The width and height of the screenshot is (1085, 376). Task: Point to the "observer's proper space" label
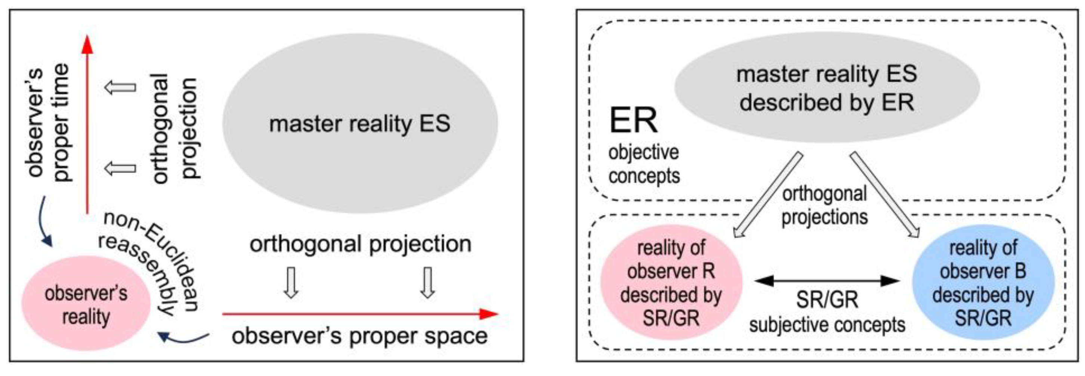[359, 336]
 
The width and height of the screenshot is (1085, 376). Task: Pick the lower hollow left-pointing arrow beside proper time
[120, 168]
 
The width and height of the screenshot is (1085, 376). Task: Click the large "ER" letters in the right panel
[633, 121]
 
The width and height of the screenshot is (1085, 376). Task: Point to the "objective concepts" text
[644, 164]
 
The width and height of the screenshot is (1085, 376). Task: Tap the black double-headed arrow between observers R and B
[827, 281]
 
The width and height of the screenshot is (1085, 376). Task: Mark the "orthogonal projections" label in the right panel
[824, 206]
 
